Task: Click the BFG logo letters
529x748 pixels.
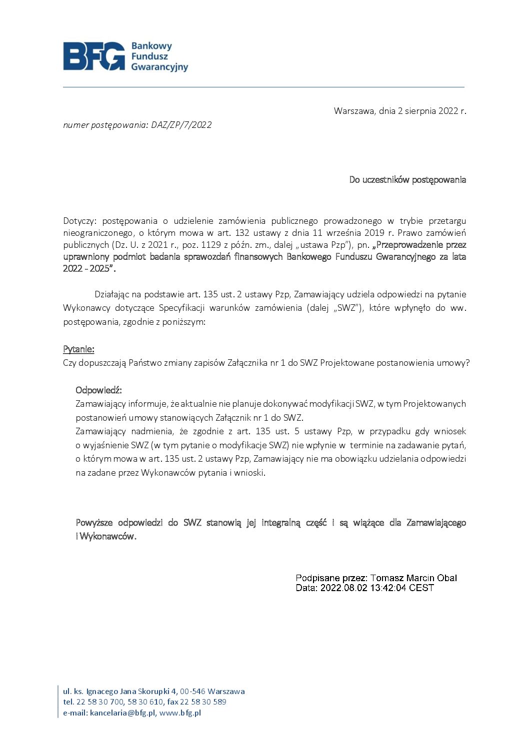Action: pyautogui.click(x=93, y=56)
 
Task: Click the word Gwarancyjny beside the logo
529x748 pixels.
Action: pyautogui.click(x=159, y=67)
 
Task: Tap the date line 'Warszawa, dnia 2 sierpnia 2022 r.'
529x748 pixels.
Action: pyautogui.click(x=399, y=111)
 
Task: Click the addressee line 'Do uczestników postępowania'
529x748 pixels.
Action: pyautogui.click(x=407, y=180)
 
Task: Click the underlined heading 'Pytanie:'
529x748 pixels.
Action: pyautogui.click(x=78, y=349)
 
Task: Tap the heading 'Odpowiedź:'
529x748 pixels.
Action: pyautogui.click(x=98, y=390)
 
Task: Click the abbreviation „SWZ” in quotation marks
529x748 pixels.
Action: pyautogui.click(x=346, y=308)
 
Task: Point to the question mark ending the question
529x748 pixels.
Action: pyautogui.click(x=467, y=363)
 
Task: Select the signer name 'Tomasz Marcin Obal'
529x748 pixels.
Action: pyautogui.click(x=413, y=578)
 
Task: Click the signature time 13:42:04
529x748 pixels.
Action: pyautogui.click(x=388, y=588)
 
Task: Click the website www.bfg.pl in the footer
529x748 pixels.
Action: pyautogui.click(x=180, y=713)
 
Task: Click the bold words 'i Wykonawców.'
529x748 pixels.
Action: pyautogui.click(x=106, y=537)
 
